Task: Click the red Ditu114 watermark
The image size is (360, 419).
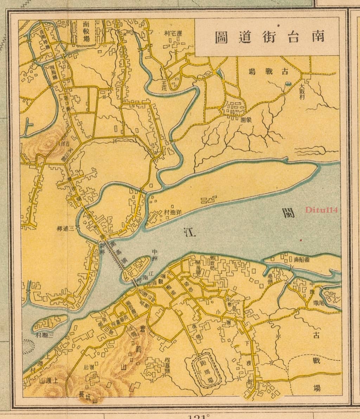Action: pos(321,210)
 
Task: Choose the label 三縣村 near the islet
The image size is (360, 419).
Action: pos(44,335)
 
